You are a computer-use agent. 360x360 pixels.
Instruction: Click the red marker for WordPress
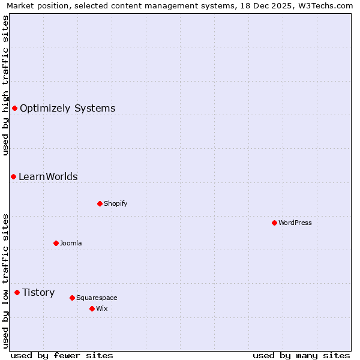(274, 223)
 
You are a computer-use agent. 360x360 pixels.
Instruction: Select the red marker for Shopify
(100, 203)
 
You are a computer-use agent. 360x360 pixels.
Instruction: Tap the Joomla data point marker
(56, 243)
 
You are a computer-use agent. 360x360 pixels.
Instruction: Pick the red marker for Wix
(92, 308)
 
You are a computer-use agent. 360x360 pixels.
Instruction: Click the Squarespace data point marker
(72, 298)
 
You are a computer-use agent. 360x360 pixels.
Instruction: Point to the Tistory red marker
(17, 292)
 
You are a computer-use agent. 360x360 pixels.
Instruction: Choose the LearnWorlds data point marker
(13, 176)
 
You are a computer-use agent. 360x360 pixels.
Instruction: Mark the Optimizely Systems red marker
(14, 108)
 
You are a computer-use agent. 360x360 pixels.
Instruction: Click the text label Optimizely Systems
(67, 108)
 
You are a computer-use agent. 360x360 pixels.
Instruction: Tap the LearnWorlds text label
(48, 176)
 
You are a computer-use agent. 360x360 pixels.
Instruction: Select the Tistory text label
(38, 292)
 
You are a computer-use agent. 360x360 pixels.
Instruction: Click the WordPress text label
(295, 223)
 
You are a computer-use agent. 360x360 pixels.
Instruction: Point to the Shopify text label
(115, 203)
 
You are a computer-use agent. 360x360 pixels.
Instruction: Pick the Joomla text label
(71, 243)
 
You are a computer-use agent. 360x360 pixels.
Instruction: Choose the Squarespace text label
(97, 298)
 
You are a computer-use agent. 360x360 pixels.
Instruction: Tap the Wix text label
(101, 308)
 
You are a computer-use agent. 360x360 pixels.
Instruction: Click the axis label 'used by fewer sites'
(62, 355)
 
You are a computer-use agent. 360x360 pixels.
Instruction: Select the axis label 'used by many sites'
(301, 355)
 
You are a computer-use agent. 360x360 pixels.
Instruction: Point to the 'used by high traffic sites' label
(5, 85)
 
